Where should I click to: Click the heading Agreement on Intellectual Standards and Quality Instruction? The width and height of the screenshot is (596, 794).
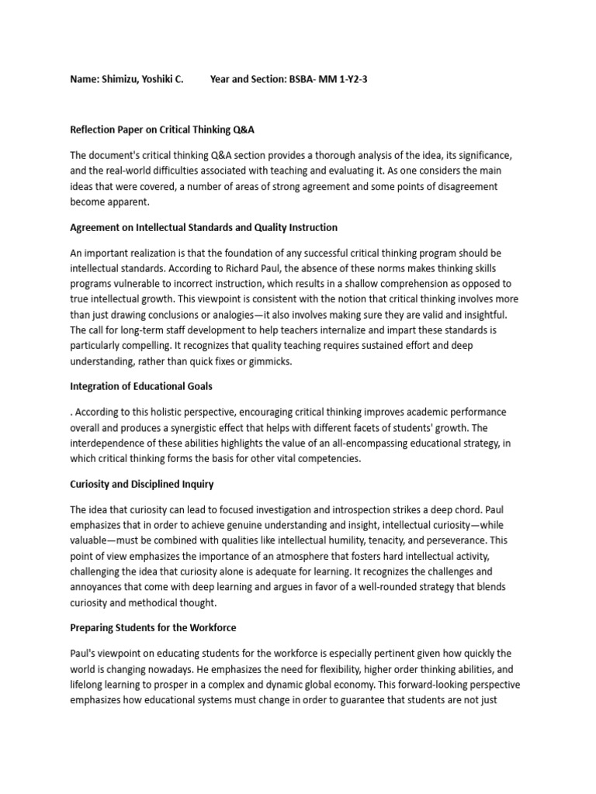pos(204,227)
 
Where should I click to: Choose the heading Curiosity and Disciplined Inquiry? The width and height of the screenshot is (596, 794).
pos(142,484)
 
